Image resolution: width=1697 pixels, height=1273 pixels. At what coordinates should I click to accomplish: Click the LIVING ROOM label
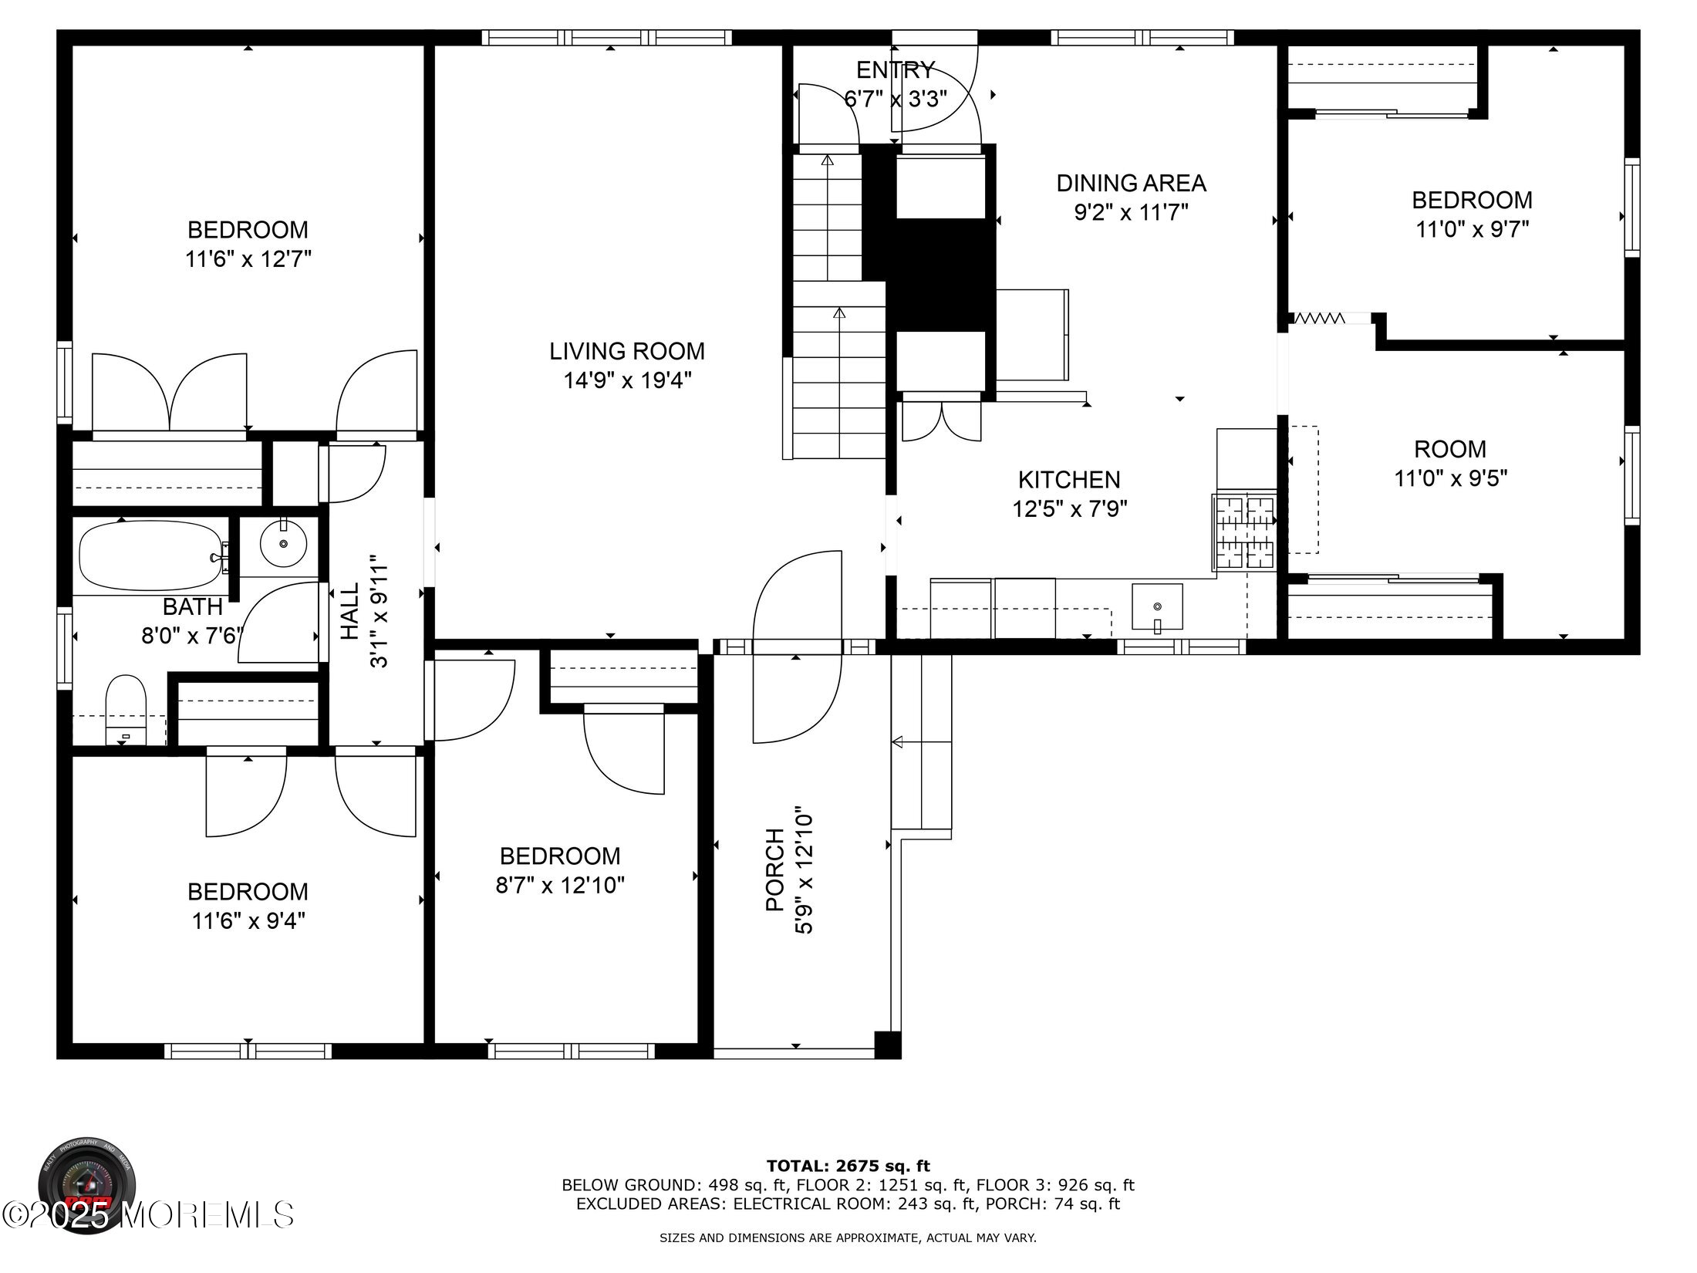coord(626,352)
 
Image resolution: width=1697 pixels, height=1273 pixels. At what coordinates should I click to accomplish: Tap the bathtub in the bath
coord(150,555)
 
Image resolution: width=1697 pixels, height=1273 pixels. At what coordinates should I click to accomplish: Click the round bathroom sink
coord(283,544)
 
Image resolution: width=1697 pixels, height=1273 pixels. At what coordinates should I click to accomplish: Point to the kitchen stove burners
coord(1244,533)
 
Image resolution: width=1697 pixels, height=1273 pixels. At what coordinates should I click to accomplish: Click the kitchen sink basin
coord(1156,606)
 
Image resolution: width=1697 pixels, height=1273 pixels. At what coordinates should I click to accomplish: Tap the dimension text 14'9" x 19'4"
coord(626,381)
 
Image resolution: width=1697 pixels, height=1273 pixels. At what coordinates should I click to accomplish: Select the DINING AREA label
coord(1131,184)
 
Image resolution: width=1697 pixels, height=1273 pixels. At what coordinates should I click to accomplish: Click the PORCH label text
coord(774,869)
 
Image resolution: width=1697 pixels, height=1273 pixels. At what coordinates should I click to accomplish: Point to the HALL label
coord(350,610)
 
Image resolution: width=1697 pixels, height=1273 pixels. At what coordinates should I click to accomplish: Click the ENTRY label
coord(896,70)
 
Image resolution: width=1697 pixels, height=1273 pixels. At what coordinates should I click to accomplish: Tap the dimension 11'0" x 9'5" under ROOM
coord(1450,478)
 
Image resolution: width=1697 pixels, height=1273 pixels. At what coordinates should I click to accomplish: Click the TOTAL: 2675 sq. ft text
coord(848,1166)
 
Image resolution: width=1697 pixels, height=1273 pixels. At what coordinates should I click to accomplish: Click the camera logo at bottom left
coord(87,1183)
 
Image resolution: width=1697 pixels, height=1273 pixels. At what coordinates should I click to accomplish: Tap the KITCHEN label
coord(1069,480)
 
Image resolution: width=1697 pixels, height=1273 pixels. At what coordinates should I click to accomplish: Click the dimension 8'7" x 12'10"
coord(560,885)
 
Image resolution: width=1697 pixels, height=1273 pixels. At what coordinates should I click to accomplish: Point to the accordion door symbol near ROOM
coord(1319,318)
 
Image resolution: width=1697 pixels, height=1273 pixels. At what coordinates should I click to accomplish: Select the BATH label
coord(192,606)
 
